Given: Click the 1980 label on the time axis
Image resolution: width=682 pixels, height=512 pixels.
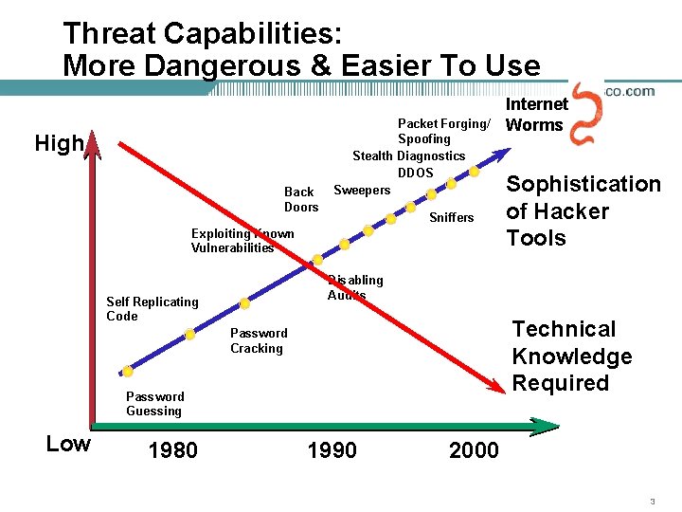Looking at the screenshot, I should [x=173, y=450].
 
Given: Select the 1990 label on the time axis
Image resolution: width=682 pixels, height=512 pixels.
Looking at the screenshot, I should [x=332, y=450].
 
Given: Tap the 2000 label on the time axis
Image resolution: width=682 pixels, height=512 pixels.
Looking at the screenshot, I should [x=474, y=450].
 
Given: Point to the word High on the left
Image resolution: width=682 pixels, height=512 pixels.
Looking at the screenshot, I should [x=59, y=144].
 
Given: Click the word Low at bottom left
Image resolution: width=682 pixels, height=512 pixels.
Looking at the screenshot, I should [x=68, y=444].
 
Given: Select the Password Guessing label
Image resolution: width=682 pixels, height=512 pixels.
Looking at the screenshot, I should [x=154, y=404].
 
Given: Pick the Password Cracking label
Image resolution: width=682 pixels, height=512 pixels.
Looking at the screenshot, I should [x=258, y=340].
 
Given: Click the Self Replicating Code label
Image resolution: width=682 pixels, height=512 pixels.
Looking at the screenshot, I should [x=152, y=309].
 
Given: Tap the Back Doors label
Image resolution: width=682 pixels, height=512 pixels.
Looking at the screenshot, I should [x=301, y=199].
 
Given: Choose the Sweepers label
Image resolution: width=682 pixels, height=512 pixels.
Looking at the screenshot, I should [x=362, y=191].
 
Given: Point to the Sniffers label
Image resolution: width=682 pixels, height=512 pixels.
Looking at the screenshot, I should [x=452, y=218].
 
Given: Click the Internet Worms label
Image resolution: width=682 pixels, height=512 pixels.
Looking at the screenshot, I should [x=537, y=115].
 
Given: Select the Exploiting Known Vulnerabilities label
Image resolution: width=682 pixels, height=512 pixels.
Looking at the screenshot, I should [x=242, y=241].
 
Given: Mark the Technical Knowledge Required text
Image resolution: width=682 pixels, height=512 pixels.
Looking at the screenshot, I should [x=571, y=357].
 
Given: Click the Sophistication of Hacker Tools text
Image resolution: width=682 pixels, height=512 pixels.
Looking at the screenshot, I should [x=583, y=210].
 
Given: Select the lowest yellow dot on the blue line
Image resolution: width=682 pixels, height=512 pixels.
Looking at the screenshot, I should [x=128, y=371].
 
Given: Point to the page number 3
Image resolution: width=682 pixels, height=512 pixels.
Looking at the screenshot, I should [x=653, y=501].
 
